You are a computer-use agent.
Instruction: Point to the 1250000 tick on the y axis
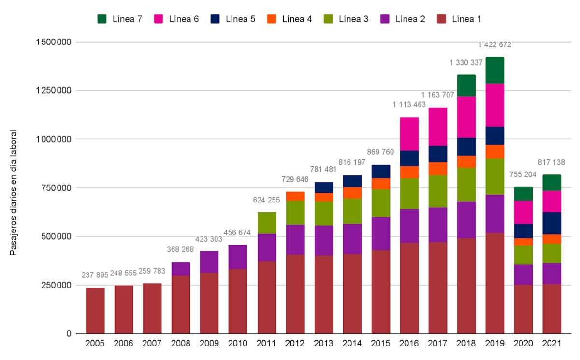pyautogui.click(x=55, y=91)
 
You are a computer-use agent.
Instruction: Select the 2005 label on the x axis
pyautogui.click(x=95, y=344)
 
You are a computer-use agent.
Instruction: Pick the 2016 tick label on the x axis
pyautogui.click(x=409, y=344)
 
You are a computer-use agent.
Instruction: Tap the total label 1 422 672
pyautogui.click(x=494, y=45)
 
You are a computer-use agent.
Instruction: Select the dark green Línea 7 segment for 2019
pyautogui.click(x=494, y=70)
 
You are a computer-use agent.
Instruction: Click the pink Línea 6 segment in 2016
pyautogui.click(x=409, y=134)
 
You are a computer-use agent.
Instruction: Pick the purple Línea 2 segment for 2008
pyautogui.click(x=181, y=269)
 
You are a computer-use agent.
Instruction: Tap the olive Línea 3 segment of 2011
pyautogui.click(x=266, y=223)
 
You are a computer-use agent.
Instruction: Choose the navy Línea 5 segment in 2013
pyautogui.click(x=323, y=187)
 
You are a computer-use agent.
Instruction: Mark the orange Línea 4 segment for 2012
pyautogui.click(x=295, y=196)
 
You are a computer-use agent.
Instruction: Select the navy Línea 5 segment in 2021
pyautogui.click(x=551, y=223)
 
